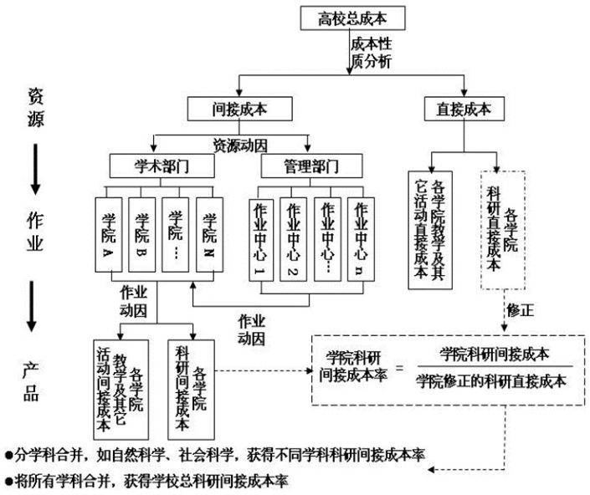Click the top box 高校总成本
pyautogui.click(x=352, y=18)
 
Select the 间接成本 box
pyautogui.click(x=239, y=109)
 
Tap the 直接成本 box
pyautogui.click(x=464, y=109)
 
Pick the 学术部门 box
pyautogui.click(x=162, y=166)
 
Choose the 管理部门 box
pyautogui.click(x=311, y=166)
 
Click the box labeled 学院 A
pyautogui.click(x=108, y=234)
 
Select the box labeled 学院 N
pyautogui.click(x=209, y=234)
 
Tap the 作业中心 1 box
pyautogui.click(x=261, y=239)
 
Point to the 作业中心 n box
pyautogui.click(x=361, y=239)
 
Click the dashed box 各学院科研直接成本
pyautogui.click(x=503, y=230)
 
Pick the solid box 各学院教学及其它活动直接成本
pyautogui.click(x=430, y=230)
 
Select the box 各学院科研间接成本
pyautogui.click(x=191, y=390)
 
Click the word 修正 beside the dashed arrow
pyautogui.click(x=520, y=310)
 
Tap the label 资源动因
pyautogui.click(x=240, y=145)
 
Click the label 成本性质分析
pyautogui.click(x=371, y=53)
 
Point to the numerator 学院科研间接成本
pyautogui.click(x=495, y=354)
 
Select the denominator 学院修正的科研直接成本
pyautogui.click(x=491, y=381)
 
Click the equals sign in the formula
pyautogui.click(x=400, y=368)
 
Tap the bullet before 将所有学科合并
pyautogui.click(x=8, y=482)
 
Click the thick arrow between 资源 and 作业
pyautogui.click(x=35, y=169)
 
